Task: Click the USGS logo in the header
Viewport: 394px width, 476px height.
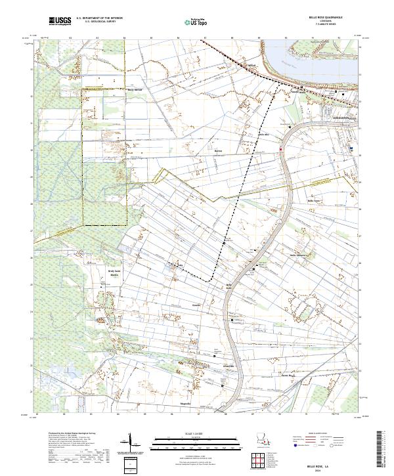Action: [x=60, y=21]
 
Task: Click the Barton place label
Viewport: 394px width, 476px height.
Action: [x=219, y=150]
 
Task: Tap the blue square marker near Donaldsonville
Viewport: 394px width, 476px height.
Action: [x=351, y=148]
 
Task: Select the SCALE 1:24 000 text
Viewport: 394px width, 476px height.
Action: [x=197, y=433]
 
